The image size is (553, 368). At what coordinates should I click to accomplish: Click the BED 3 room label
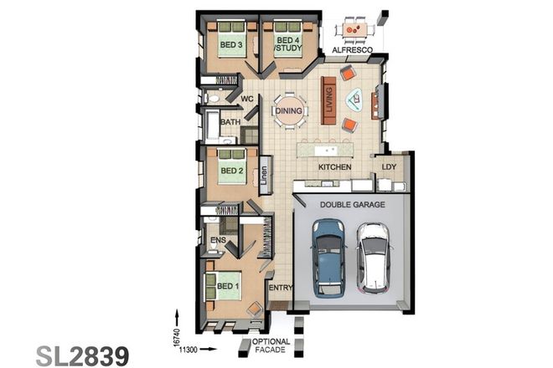click(x=231, y=44)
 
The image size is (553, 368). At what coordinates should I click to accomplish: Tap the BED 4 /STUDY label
click(x=287, y=44)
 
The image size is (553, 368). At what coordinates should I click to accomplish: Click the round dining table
click(x=290, y=111)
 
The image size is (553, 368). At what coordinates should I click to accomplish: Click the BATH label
click(x=230, y=122)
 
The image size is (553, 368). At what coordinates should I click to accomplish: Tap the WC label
click(x=248, y=99)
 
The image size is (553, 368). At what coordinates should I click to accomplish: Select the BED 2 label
click(x=231, y=171)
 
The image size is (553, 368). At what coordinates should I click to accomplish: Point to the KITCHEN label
click(x=334, y=167)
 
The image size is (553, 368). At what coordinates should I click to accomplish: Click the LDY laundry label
click(x=389, y=167)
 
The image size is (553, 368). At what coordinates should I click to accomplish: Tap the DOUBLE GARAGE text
click(x=349, y=203)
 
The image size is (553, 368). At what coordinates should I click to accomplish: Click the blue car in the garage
click(x=327, y=258)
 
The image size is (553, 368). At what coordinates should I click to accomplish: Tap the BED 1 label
click(x=227, y=286)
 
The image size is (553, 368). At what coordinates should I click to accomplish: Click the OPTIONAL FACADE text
click(x=270, y=346)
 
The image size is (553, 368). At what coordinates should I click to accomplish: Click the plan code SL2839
click(x=83, y=354)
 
